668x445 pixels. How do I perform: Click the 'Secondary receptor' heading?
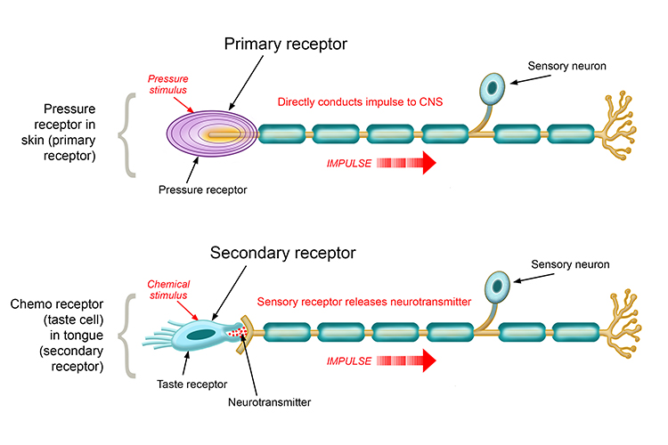click(282, 253)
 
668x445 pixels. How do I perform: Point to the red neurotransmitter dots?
click(235, 333)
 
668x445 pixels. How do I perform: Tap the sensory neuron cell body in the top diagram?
click(492, 87)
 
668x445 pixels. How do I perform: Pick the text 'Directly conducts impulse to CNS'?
click(360, 102)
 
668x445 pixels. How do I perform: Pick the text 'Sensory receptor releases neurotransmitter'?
click(364, 301)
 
